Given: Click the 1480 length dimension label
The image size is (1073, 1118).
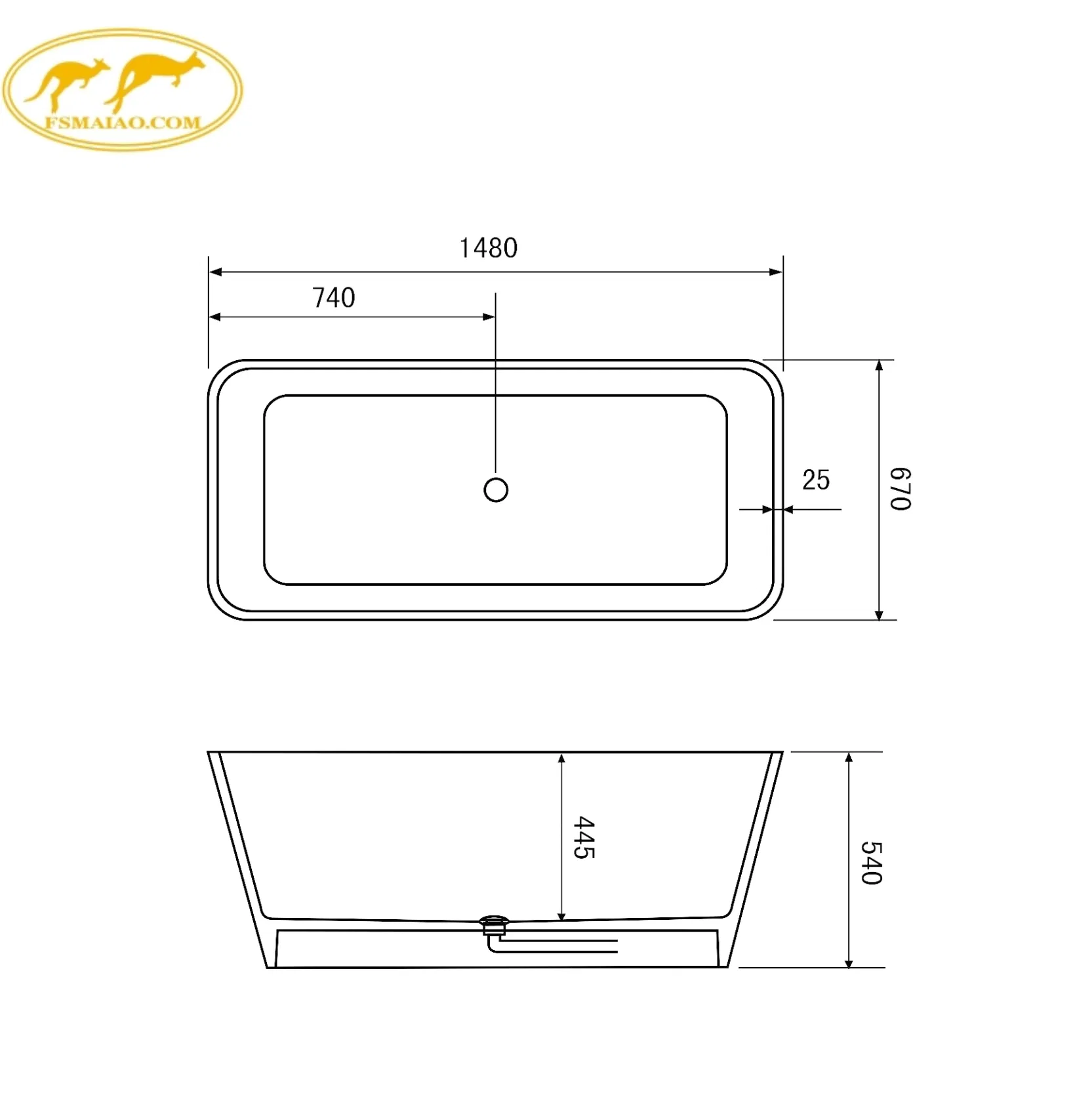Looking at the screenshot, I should tap(488, 248).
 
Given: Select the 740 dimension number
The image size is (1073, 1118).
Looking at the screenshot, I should tap(333, 298).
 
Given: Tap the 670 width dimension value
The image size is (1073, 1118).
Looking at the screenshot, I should tap(900, 489).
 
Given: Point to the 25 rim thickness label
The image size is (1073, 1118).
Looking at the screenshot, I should tap(815, 480).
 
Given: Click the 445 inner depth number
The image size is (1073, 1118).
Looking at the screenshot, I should tap(584, 837).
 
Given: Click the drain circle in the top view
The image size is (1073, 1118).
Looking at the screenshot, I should tap(496, 489).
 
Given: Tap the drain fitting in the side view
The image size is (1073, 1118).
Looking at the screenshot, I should tap(494, 925).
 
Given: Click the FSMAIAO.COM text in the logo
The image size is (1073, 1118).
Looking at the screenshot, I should tap(123, 122).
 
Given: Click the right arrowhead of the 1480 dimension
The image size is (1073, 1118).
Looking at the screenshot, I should tap(776, 272).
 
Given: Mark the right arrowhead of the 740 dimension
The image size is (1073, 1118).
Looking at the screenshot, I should tap(489, 317).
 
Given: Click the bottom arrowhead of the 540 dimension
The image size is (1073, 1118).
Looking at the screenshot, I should tap(849, 962).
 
